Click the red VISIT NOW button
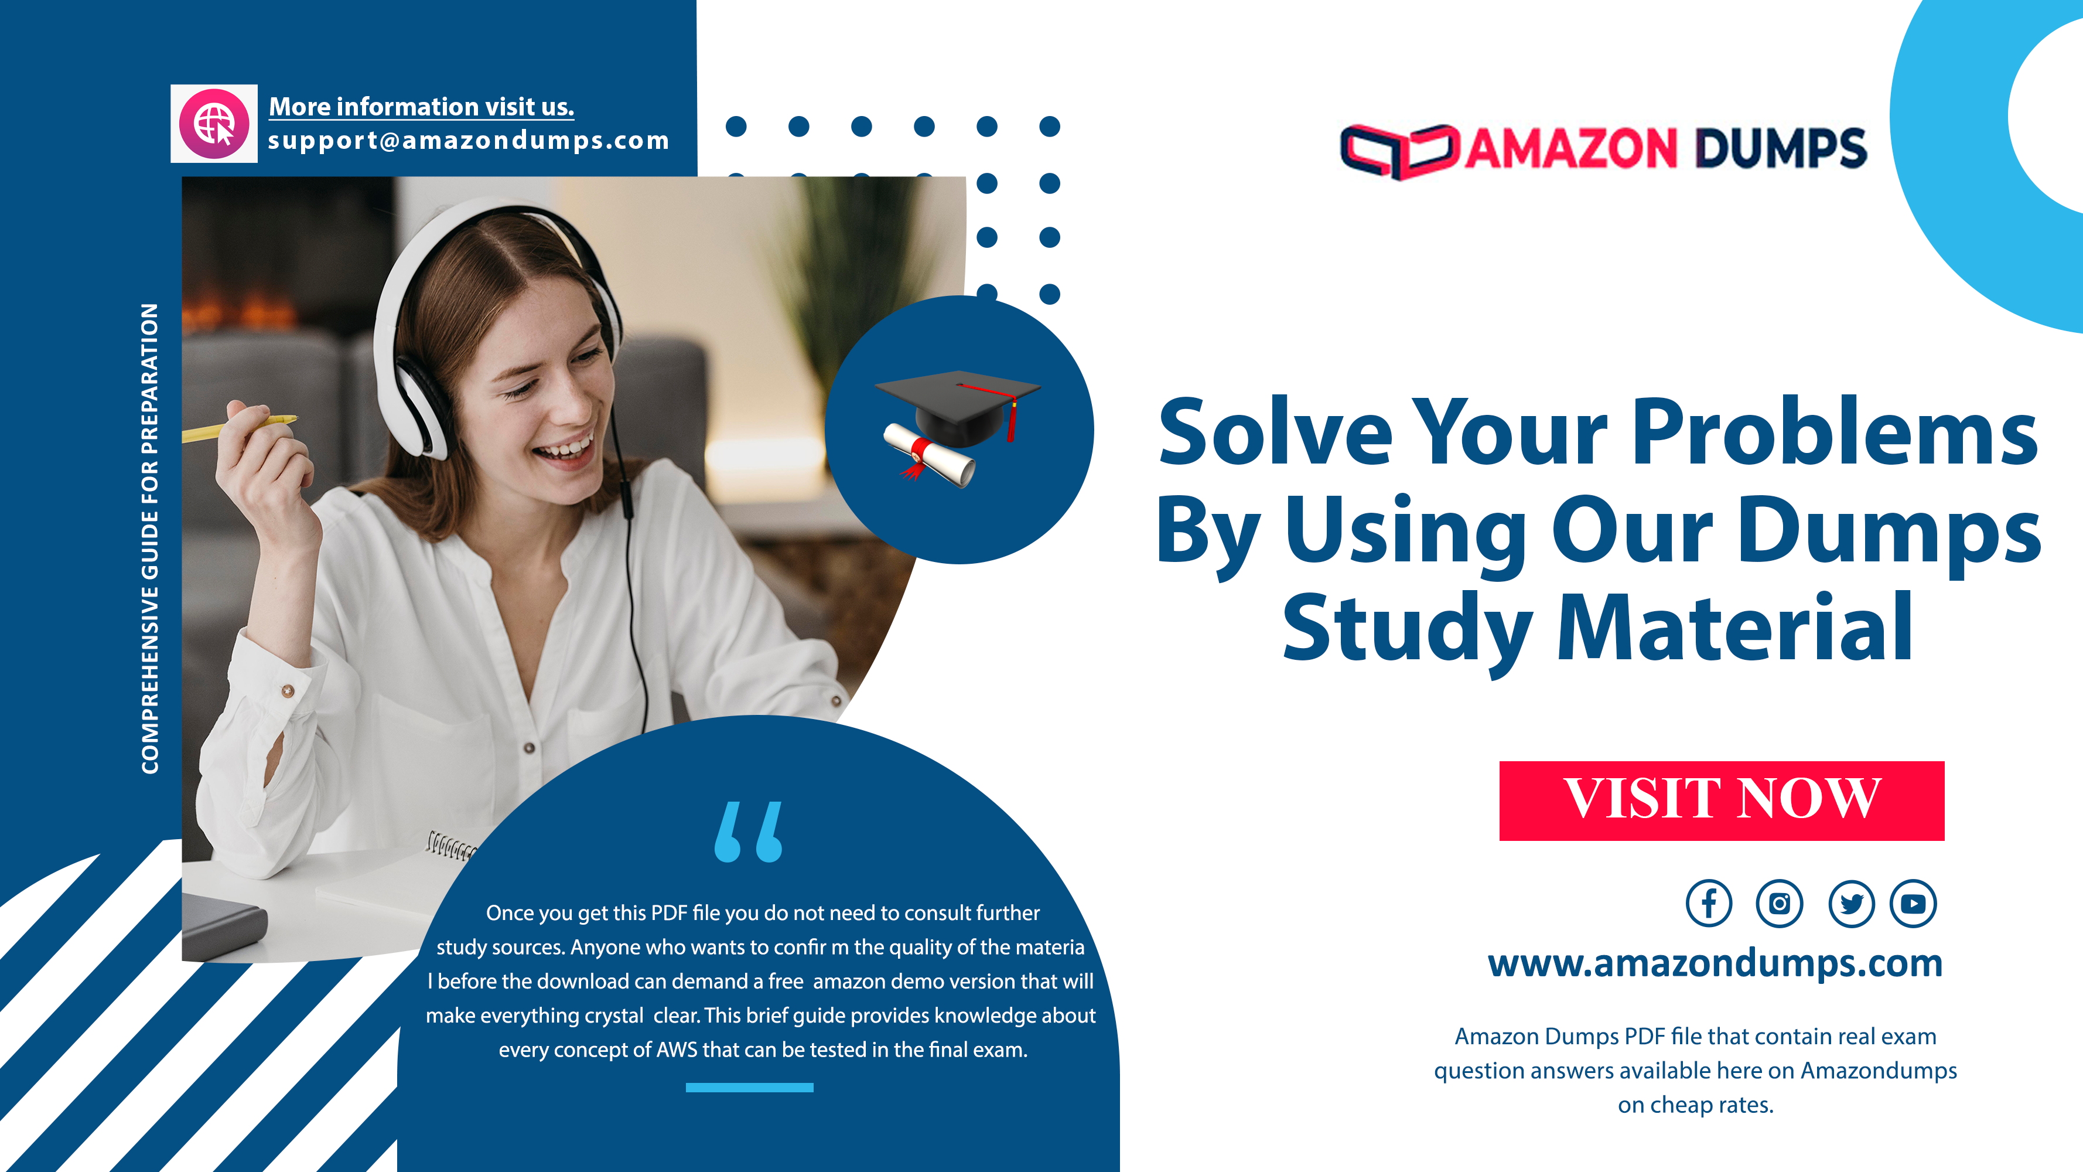coord(1722,800)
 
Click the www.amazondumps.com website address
coord(1715,964)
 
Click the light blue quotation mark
coord(749,832)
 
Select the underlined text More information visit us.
coord(421,107)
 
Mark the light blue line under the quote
coord(750,1088)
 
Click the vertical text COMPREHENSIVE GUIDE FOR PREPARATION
coord(149,539)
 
